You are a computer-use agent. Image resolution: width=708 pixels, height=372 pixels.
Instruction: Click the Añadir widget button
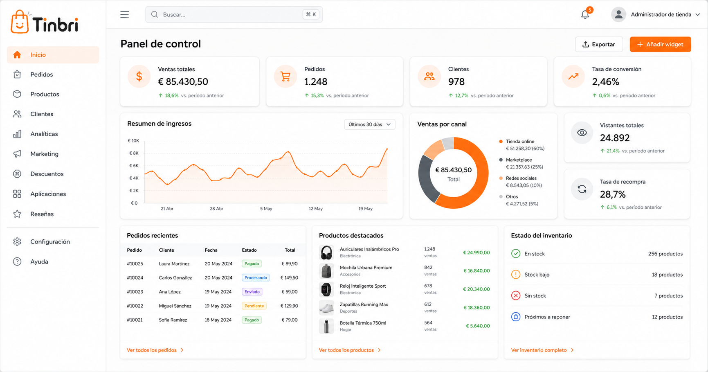click(660, 44)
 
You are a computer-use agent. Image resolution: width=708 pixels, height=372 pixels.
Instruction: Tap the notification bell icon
click(585, 15)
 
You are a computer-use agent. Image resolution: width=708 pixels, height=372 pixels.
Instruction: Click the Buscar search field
click(234, 14)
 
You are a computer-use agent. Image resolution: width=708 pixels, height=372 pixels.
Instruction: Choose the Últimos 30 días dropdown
click(369, 124)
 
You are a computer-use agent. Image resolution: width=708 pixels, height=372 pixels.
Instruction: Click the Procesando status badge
click(256, 277)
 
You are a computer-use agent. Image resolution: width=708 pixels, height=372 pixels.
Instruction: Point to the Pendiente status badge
click(254, 306)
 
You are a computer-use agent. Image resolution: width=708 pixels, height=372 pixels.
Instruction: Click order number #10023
click(135, 292)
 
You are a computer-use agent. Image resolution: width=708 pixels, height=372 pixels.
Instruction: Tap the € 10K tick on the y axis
click(133, 141)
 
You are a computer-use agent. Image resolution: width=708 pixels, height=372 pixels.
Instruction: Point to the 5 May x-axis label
click(266, 209)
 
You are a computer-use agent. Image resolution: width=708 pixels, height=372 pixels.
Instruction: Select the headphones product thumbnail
click(326, 253)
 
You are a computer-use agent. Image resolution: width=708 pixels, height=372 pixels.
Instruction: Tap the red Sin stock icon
click(516, 295)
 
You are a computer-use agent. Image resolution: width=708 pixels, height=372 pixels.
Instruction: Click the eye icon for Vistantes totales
click(582, 133)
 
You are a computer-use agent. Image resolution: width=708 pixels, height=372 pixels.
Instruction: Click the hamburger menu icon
click(125, 15)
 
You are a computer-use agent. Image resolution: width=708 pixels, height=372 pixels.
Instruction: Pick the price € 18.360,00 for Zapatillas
click(476, 308)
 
